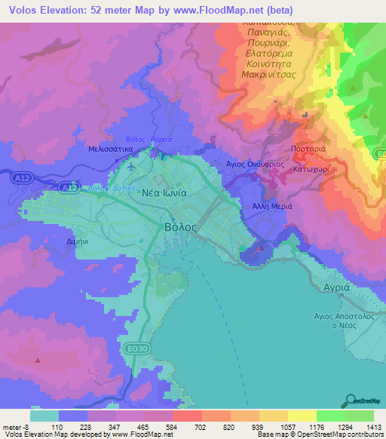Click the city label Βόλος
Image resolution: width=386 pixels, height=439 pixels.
180,226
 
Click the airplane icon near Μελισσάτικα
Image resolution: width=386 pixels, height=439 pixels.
133,166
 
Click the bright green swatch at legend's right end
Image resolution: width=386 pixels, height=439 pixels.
359,415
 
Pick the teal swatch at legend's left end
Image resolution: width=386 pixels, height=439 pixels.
44,415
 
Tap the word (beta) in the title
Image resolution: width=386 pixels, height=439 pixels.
274,11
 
